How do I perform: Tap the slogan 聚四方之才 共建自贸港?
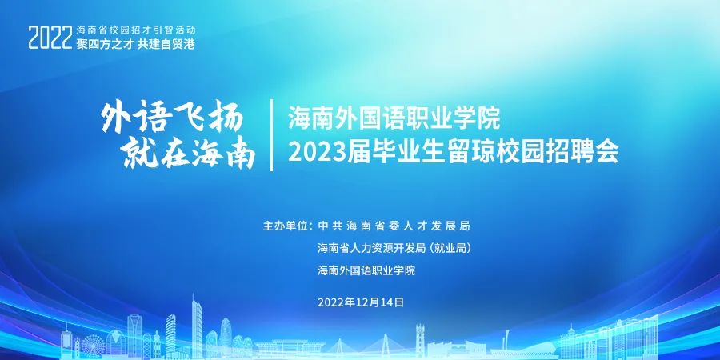135,44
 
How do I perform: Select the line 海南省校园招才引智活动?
136,30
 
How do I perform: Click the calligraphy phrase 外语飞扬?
172,118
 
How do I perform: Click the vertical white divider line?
272,135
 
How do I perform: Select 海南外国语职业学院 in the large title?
394,119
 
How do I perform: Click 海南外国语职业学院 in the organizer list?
366,270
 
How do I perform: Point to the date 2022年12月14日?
361,302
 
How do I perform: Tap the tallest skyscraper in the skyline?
196,327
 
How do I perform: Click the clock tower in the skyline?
420,341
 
